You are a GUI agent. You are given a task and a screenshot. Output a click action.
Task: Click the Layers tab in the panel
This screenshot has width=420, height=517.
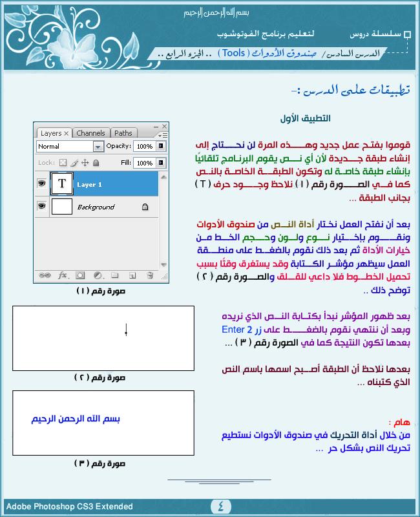coord(52,133)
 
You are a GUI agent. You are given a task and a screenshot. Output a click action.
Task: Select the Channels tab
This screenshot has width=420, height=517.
coord(90,133)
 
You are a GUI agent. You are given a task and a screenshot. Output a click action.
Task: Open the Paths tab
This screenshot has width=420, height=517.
coord(123,133)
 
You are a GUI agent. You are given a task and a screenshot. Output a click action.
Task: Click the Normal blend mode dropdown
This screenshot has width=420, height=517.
coord(70,147)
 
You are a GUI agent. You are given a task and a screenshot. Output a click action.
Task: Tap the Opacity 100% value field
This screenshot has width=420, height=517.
coord(145,147)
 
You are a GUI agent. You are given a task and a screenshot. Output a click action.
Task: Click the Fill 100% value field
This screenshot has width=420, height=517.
coord(145,163)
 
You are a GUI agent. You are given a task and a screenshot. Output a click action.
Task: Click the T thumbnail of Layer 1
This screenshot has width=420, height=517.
coord(62,184)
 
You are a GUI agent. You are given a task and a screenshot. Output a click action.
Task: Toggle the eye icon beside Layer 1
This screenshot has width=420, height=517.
coord(42,184)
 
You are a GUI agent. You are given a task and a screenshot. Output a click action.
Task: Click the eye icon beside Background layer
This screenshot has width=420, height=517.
coord(42,207)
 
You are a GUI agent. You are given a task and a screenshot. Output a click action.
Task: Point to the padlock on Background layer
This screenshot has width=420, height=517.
coord(145,207)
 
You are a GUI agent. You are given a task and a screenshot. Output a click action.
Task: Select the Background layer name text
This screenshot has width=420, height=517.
coord(96,207)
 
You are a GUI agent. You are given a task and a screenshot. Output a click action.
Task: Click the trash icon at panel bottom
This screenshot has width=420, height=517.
coord(150,275)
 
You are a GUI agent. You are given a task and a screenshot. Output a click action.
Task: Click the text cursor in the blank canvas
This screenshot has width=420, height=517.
coord(126,332)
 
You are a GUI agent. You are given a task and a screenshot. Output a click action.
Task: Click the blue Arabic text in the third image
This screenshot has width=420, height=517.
coord(76,419)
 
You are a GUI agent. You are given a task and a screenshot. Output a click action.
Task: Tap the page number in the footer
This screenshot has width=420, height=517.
coord(220,506)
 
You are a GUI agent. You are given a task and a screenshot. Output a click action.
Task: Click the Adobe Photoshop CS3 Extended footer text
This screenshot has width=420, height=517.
coord(70,507)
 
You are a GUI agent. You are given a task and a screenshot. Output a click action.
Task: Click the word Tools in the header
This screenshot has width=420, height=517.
coord(232,53)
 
